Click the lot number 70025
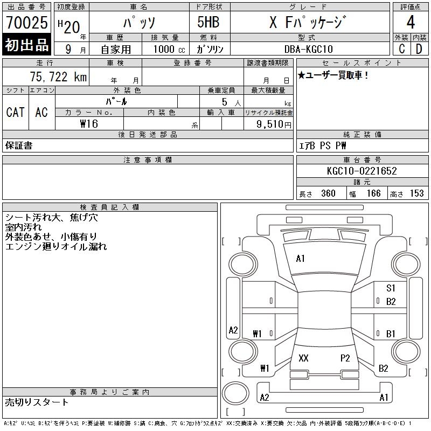(x=27, y=23)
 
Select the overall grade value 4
(x=411, y=23)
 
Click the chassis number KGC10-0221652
(x=362, y=171)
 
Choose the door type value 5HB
(x=208, y=23)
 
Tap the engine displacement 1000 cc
(x=169, y=49)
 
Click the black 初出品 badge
(x=27, y=45)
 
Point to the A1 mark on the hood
(x=300, y=259)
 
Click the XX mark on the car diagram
(x=303, y=358)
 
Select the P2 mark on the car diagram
(x=345, y=358)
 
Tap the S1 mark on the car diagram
(x=391, y=288)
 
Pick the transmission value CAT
(x=15, y=112)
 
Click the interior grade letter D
(x=419, y=49)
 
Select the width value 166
(x=373, y=193)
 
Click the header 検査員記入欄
(x=110, y=207)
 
